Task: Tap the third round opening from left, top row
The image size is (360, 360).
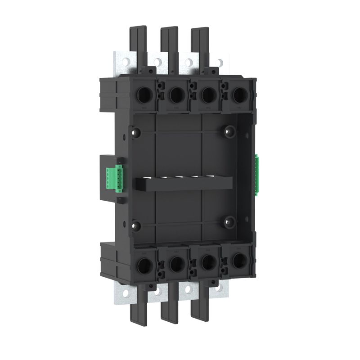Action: tap(207, 95)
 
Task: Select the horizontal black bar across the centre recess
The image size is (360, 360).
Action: tap(184, 184)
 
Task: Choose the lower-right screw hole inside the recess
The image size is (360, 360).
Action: tap(230, 221)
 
